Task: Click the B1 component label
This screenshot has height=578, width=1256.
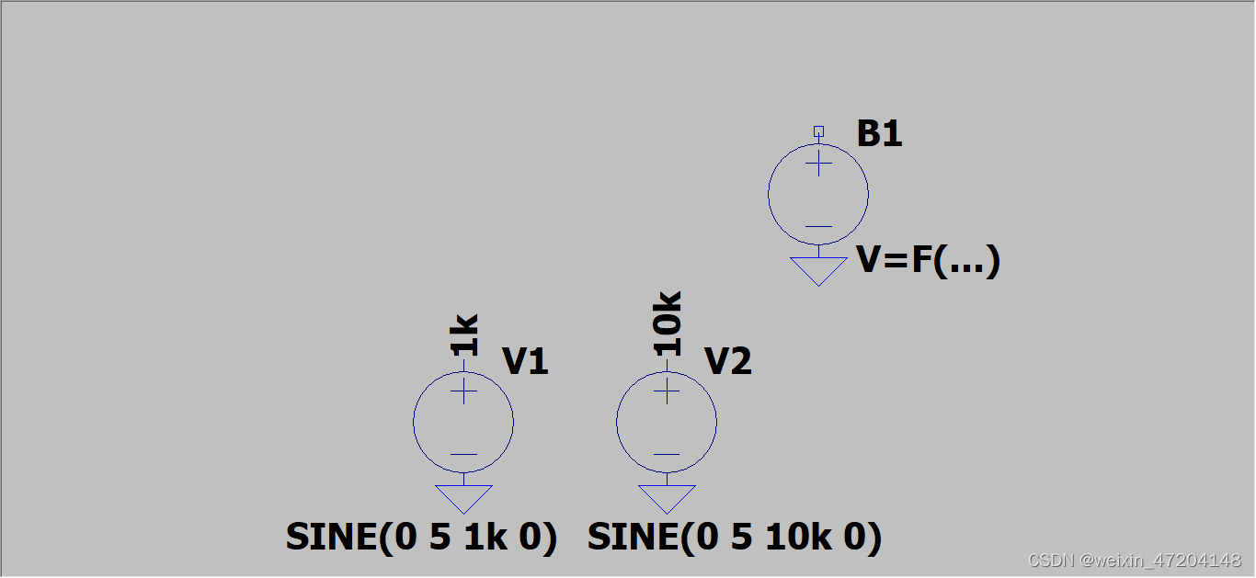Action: (880, 135)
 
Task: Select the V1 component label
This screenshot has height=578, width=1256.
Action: (525, 362)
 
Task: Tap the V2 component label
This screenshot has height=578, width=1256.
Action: (728, 362)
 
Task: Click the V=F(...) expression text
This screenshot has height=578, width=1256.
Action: (928, 261)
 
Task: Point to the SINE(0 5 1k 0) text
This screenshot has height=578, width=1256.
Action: (421, 538)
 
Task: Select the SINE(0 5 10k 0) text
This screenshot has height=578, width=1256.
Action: (734, 538)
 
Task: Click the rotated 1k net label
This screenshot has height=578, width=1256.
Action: (464, 334)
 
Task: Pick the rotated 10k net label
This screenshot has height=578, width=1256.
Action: (668, 323)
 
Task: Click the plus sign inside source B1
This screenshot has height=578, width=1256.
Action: (818, 164)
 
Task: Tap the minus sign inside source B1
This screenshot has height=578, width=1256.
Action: (818, 226)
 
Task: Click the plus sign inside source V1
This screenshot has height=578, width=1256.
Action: (463, 391)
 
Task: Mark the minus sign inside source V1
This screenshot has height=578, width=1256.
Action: (463, 454)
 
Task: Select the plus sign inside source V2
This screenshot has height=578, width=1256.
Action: (667, 391)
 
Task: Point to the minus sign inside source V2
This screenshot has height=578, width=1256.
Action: (667, 454)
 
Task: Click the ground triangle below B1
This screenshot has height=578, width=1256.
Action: (818, 269)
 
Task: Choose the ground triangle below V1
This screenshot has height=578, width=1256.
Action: (463, 497)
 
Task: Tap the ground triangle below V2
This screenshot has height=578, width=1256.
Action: (667, 497)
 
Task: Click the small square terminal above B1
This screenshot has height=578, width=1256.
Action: (818, 131)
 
